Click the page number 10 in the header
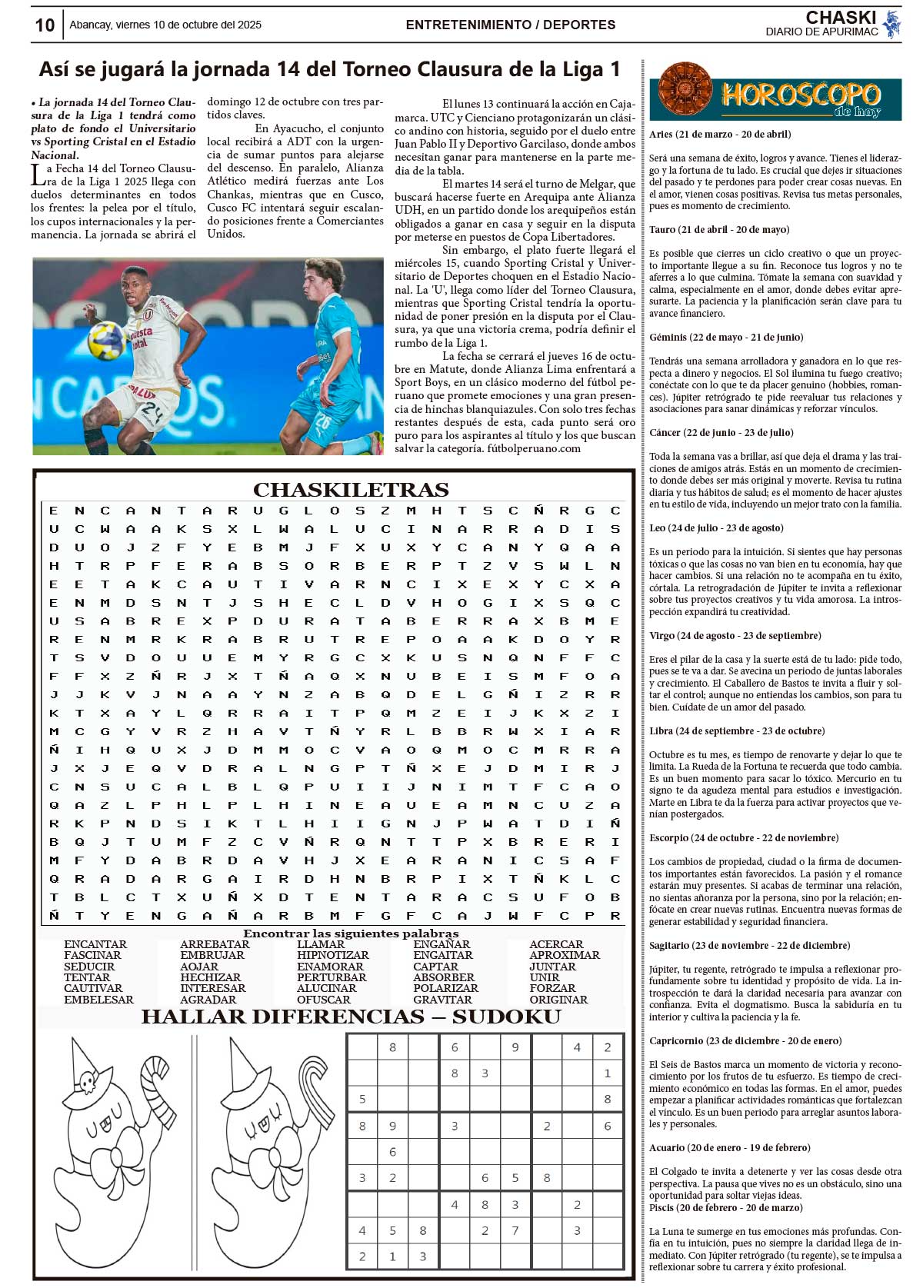point(45,25)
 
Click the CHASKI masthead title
point(841,18)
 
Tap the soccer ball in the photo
point(106,341)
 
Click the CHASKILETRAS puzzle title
point(351,490)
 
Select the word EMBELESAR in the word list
point(98,1000)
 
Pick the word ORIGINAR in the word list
point(558,1000)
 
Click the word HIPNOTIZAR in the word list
point(333,955)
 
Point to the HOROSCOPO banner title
point(800,95)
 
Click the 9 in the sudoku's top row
point(515,1047)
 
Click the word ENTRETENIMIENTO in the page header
point(469,25)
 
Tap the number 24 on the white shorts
point(152,415)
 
